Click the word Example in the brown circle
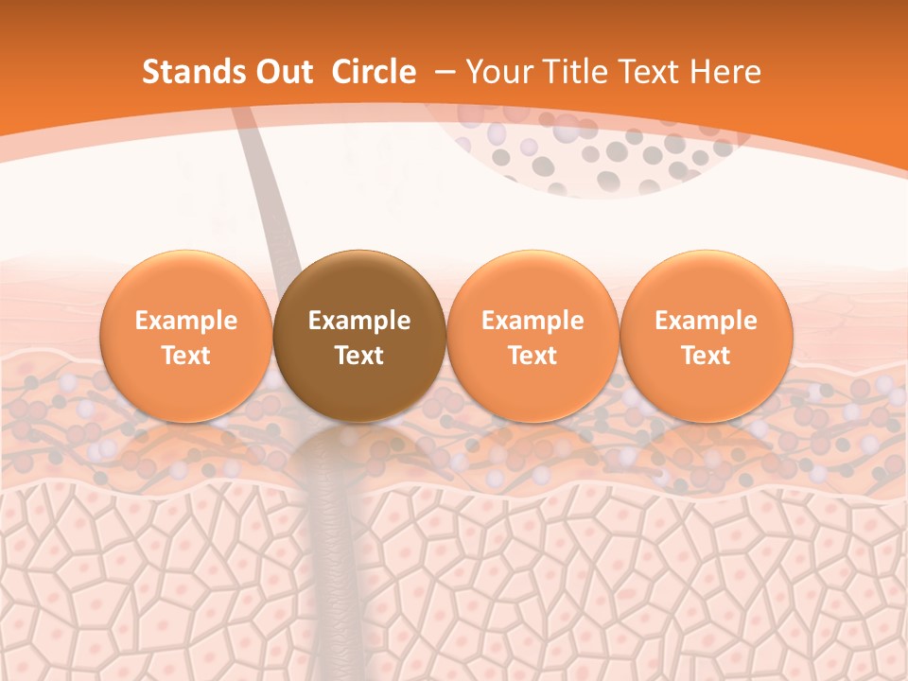[x=359, y=321]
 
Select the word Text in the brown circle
[x=359, y=356]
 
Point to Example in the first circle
[x=186, y=321]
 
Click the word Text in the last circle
[x=707, y=356]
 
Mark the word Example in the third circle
[x=533, y=321]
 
